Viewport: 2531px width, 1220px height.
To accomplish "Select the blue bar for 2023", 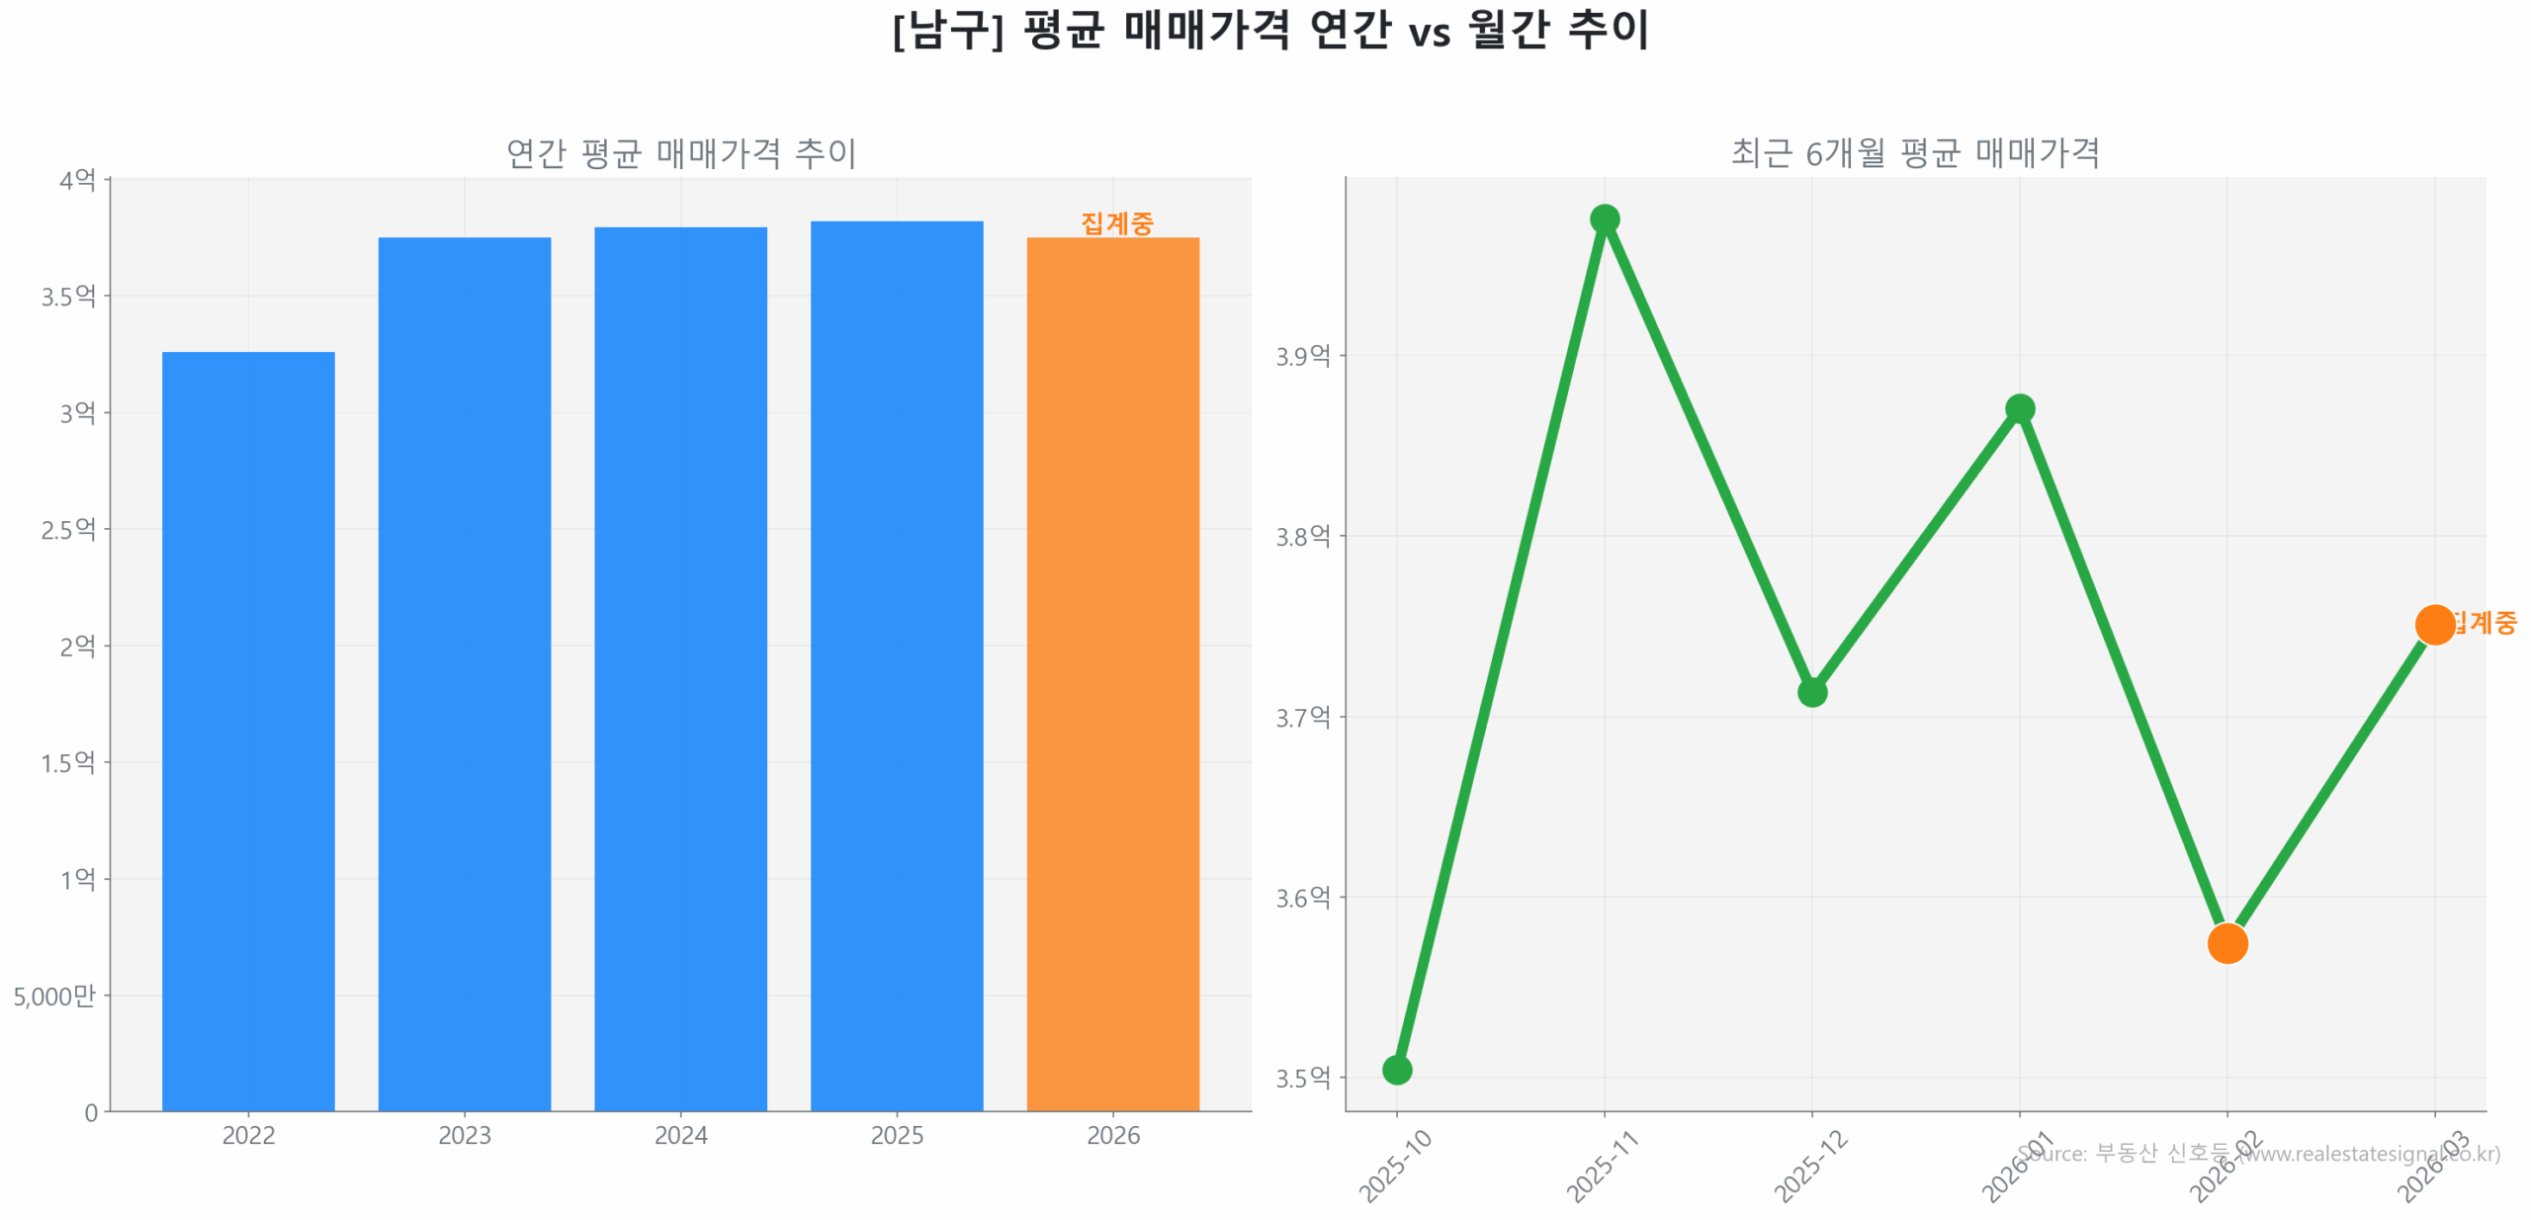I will tap(464, 672).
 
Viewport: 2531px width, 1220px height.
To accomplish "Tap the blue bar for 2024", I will tap(680, 667).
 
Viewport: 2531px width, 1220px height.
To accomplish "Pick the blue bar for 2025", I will tap(897, 664).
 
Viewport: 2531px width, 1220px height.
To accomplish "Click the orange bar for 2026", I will tap(1112, 672).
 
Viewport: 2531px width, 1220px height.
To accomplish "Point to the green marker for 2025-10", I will tap(1396, 1069).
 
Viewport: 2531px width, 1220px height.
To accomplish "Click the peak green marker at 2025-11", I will tap(1604, 218).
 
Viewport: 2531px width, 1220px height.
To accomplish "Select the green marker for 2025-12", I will tap(1811, 691).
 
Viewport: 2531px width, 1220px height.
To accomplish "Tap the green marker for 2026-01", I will tap(2019, 408).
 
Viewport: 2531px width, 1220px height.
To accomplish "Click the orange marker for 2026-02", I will tap(2226, 942).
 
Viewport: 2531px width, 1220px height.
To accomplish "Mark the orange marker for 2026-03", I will tap(2434, 624).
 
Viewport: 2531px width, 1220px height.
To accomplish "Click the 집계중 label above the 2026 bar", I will tap(1116, 223).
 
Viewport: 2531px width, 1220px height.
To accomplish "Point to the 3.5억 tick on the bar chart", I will tap(68, 296).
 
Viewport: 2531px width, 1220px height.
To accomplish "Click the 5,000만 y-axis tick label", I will tap(54, 995).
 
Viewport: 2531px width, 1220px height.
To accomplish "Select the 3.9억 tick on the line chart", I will tap(1302, 356).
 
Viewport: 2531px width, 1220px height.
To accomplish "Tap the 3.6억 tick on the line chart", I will tap(1302, 897).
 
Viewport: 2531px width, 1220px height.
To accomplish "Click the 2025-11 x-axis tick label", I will tap(1602, 1166).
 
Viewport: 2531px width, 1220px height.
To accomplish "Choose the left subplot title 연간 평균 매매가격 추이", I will tap(680, 153).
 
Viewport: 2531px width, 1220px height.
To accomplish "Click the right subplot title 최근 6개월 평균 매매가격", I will tap(1914, 153).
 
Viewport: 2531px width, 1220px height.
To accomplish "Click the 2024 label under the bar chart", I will tap(680, 1134).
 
